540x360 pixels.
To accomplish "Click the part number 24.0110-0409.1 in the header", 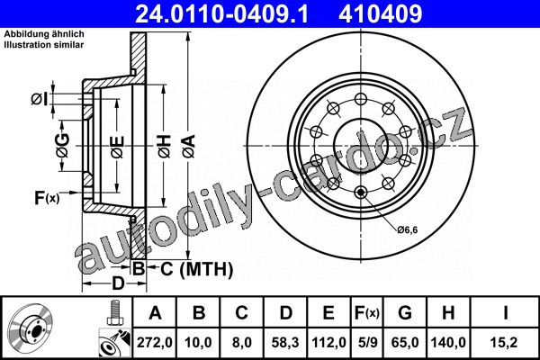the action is [221, 13].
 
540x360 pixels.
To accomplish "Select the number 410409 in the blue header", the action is [380, 13].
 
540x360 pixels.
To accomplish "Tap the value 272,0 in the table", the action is [154, 342].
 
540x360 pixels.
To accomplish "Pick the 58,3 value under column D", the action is [284, 342].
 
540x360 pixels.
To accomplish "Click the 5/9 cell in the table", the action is [367, 342].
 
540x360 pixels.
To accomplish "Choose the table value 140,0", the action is [448, 342].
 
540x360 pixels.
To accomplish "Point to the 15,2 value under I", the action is [504, 342].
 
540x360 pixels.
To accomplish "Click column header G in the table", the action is [405, 313].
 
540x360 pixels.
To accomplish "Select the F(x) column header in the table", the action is [367, 313].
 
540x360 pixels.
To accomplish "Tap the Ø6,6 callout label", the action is [408, 229].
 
